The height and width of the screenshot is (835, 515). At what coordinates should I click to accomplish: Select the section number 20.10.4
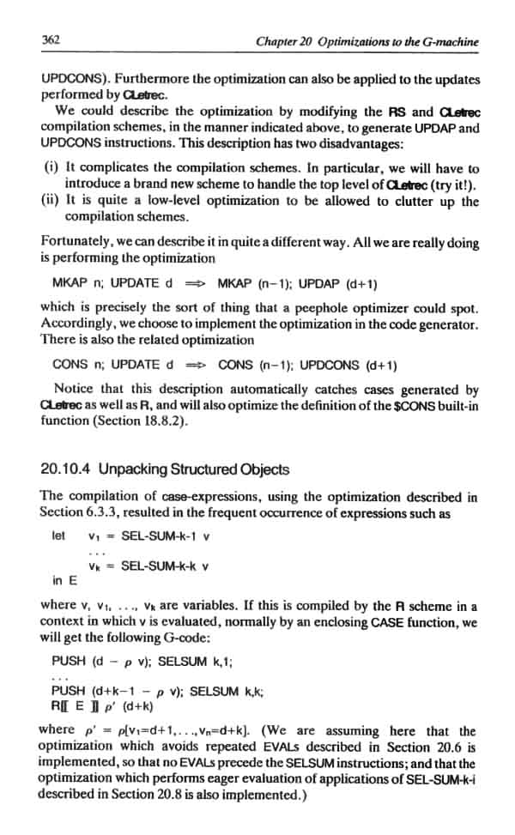point(66,469)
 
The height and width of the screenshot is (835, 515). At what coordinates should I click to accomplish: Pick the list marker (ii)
point(51,202)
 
